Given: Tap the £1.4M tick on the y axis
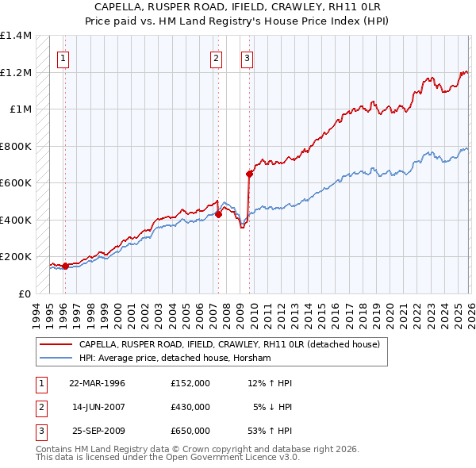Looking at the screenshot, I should [16, 36].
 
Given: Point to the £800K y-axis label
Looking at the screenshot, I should [16, 146].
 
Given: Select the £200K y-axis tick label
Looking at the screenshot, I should [16, 257].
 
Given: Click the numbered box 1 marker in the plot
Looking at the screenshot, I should [63, 57].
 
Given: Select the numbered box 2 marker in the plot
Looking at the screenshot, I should [216, 57].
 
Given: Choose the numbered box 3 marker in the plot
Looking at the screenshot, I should [247, 57].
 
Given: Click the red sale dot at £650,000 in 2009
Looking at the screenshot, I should [249, 173].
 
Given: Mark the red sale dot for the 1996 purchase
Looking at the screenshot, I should [65, 266].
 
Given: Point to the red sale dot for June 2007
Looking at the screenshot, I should [218, 213].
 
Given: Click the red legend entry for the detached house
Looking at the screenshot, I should [230, 344].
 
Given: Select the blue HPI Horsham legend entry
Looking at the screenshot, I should [175, 359].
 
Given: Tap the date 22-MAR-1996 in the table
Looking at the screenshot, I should [98, 383].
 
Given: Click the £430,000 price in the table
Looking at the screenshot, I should [190, 407].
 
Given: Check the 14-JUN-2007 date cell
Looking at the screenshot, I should [98, 407].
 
